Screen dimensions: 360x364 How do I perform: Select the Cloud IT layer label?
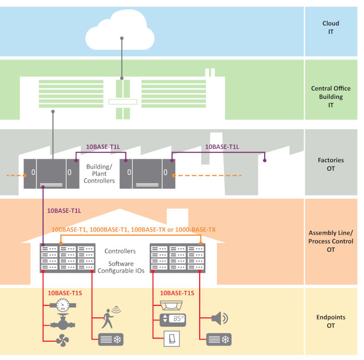[x=331, y=28]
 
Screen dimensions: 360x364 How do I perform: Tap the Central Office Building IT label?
[x=331, y=97]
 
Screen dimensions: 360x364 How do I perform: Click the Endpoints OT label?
[x=331, y=321]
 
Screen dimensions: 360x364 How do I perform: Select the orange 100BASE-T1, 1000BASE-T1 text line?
[x=134, y=229]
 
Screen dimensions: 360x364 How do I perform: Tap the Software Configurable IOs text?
[x=120, y=268]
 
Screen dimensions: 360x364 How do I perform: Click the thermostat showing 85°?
[x=173, y=319]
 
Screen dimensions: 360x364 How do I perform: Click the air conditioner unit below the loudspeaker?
[x=218, y=339]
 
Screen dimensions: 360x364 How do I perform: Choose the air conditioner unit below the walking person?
[x=111, y=339]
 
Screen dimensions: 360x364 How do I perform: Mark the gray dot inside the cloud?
[x=122, y=38]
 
